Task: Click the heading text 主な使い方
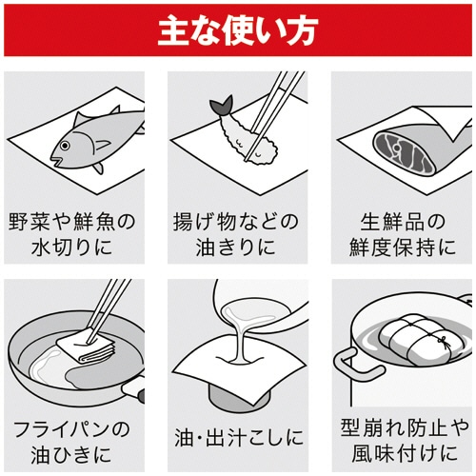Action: [x=237, y=30]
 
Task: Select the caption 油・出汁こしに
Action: [x=238, y=439]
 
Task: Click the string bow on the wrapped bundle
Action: [x=441, y=337]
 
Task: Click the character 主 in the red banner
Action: [x=171, y=30]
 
